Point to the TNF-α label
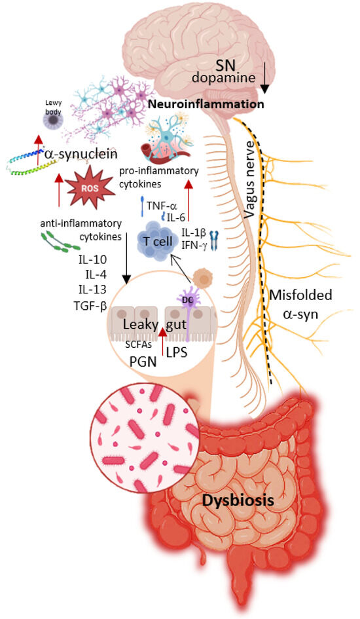[x=162, y=206]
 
